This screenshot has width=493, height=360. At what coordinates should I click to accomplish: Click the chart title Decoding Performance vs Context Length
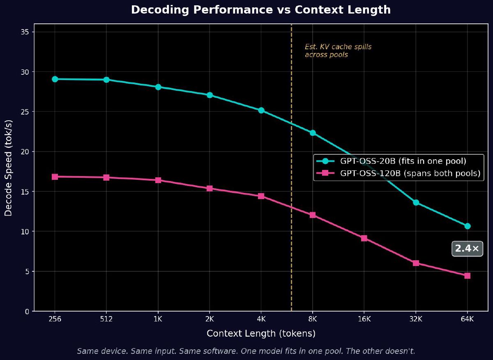click(x=261, y=10)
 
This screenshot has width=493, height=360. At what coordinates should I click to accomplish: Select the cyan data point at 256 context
click(x=55, y=79)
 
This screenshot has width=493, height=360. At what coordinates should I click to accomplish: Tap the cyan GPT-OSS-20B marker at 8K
click(x=313, y=133)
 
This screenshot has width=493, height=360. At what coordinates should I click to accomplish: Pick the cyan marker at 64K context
click(x=467, y=226)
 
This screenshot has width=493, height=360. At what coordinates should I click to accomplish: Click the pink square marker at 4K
click(x=261, y=196)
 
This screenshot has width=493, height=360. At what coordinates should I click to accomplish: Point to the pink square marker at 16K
click(x=364, y=238)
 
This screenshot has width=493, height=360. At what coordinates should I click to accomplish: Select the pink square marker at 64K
click(x=467, y=276)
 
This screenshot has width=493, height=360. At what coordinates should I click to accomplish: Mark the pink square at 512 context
click(x=106, y=178)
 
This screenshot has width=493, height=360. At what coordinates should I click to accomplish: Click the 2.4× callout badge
click(x=467, y=249)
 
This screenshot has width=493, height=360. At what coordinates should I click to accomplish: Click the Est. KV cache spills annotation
click(x=338, y=51)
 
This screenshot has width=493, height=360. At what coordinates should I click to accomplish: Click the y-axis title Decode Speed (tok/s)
click(x=9, y=167)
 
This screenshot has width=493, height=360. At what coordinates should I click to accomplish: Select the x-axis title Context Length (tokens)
click(x=261, y=333)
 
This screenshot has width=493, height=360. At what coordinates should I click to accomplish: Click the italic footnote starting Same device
click(x=246, y=351)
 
